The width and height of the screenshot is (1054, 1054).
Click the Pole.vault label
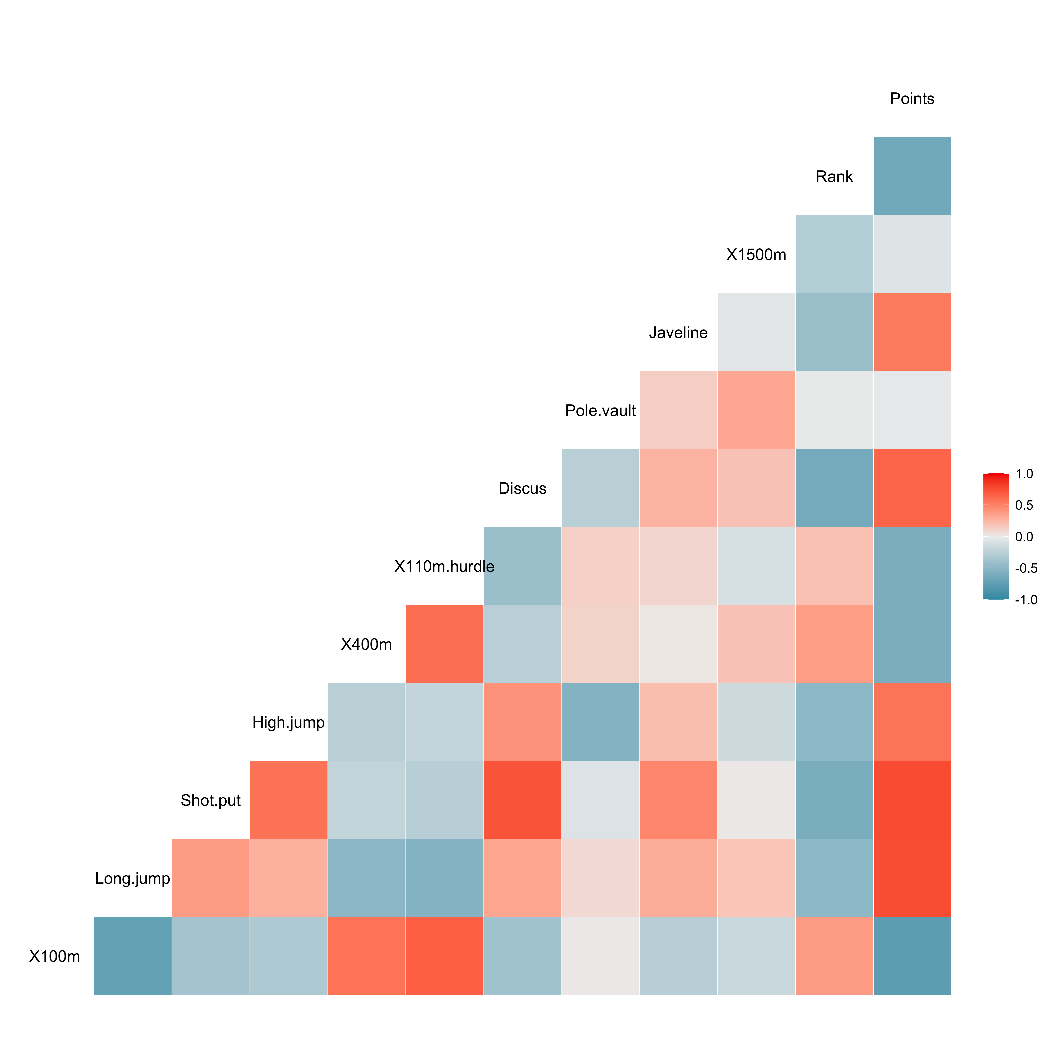tap(600, 411)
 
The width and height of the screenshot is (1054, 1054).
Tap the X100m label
tap(55, 956)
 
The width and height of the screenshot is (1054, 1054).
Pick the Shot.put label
tap(211, 800)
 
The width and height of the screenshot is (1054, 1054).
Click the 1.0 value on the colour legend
tap(1024, 474)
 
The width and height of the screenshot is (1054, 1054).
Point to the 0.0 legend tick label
tap(1024, 537)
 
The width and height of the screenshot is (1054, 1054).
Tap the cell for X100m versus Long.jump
tap(133, 956)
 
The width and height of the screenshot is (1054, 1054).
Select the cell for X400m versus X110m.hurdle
tap(445, 644)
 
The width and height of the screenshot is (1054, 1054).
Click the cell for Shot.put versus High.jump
tap(289, 800)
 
